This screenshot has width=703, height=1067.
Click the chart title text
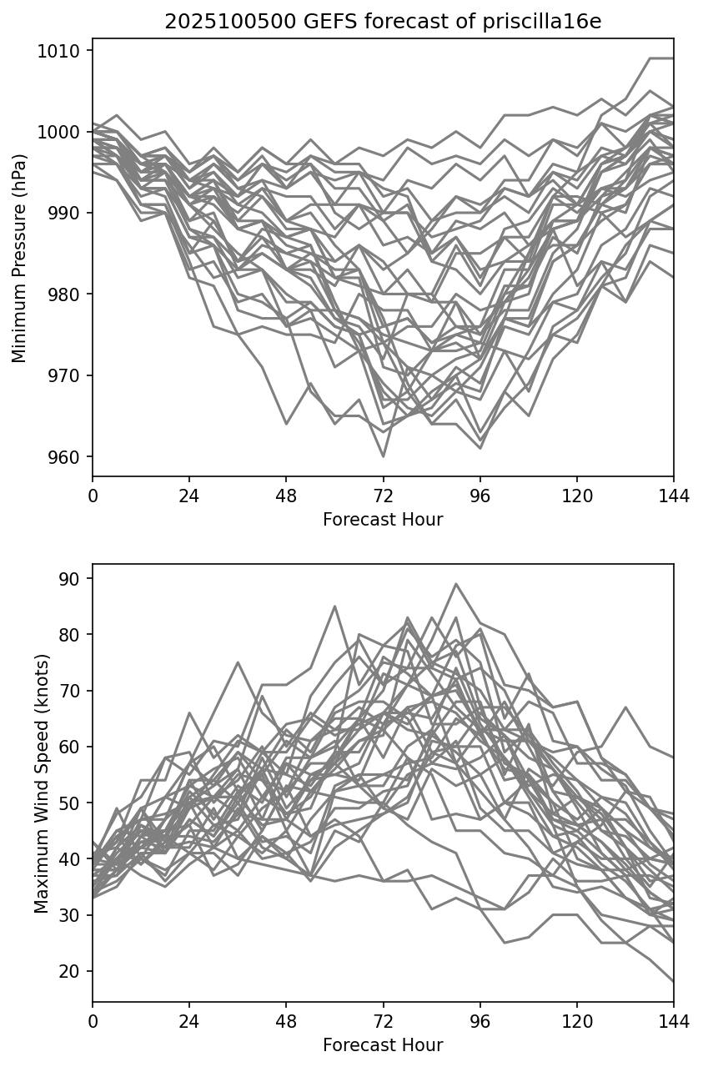[x=383, y=23]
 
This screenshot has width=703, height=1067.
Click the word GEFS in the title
[x=332, y=23]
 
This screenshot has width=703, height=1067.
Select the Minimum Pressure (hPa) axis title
[x=20, y=258]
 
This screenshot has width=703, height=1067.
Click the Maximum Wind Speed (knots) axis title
[x=41, y=783]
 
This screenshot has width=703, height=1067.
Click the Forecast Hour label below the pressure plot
[x=383, y=520]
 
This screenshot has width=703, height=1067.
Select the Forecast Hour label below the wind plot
[x=383, y=1045]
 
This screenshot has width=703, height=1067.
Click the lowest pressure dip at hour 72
[x=383, y=456]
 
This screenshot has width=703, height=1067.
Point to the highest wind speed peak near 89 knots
[x=455, y=584]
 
